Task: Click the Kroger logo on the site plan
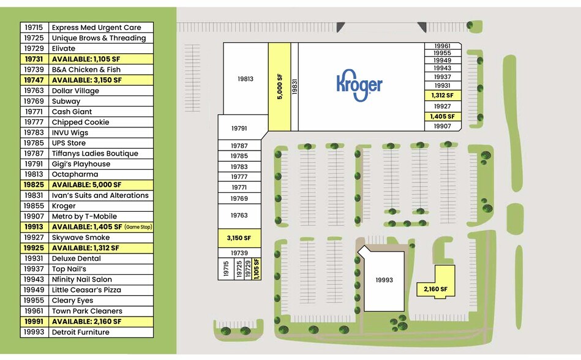pos(359,85)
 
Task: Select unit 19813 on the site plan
pos(246,78)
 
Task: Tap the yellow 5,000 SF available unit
pos(279,87)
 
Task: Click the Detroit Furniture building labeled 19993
pos(384,280)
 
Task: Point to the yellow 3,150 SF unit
pos(239,238)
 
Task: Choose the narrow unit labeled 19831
pos(294,87)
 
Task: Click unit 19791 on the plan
pos(240,128)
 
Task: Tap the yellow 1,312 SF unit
pos(443,96)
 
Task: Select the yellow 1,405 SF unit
pos(443,117)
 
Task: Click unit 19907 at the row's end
pos(443,126)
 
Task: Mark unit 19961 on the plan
pos(443,46)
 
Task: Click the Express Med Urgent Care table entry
pos(96,28)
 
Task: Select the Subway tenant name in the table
pos(66,101)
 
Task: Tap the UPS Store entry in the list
pos(69,143)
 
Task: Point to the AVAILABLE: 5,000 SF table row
pos(87,185)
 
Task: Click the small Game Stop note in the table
pos(138,227)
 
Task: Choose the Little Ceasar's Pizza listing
pos(86,290)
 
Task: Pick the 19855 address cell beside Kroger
pos(34,206)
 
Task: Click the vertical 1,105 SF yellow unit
pos(257,269)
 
